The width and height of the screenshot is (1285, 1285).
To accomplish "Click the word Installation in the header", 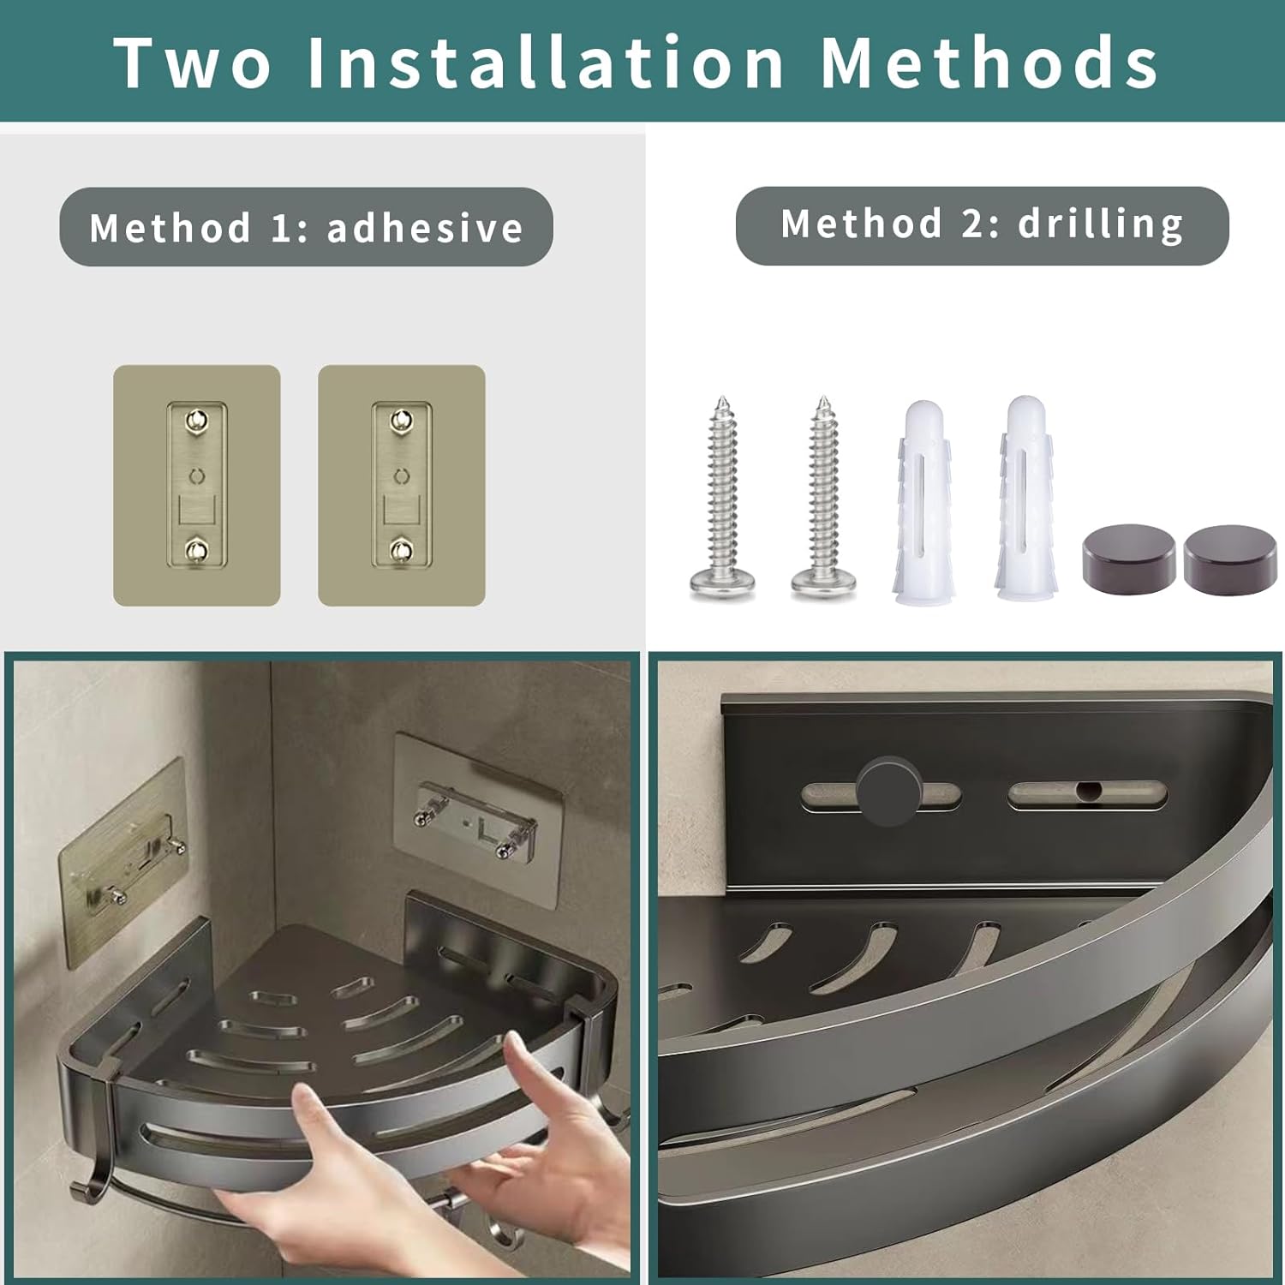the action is (546, 62).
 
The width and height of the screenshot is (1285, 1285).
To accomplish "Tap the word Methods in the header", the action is (989, 62).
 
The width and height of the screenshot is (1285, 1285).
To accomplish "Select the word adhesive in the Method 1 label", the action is (425, 228).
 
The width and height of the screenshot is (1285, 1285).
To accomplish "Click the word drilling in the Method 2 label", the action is (1101, 224).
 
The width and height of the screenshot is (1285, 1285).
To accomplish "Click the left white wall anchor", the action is (923, 501).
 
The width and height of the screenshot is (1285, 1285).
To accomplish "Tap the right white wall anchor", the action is (1025, 499).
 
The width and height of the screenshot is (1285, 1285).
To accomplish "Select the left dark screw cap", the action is (1128, 559).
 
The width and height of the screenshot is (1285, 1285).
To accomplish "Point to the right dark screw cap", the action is (1230, 559).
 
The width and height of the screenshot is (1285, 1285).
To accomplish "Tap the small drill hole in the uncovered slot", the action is (1087, 789).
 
